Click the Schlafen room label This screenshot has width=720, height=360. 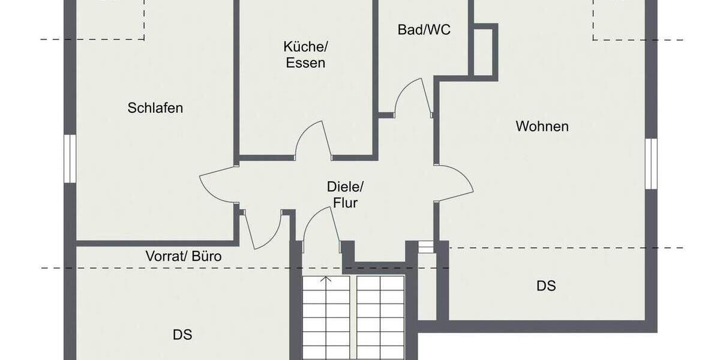(x=155, y=108)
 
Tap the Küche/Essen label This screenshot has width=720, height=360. (x=305, y=55)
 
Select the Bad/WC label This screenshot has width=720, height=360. (x=424, y=29)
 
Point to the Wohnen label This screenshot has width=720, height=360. (x=542, y=127)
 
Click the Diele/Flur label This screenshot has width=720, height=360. (x=343, y=194)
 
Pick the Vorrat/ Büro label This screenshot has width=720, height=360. (x=184, y=256)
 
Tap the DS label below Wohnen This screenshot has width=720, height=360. (x=546, y=286)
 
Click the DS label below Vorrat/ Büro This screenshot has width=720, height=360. (x=182, y=335)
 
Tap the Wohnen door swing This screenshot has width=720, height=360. (x=455, y=183)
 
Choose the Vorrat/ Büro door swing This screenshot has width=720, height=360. (x=263, y=231)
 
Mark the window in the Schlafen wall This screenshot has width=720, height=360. (x=70, y=158)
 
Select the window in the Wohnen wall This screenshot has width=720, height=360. (x=650, y=164)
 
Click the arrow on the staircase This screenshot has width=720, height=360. (x=326, y=279)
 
